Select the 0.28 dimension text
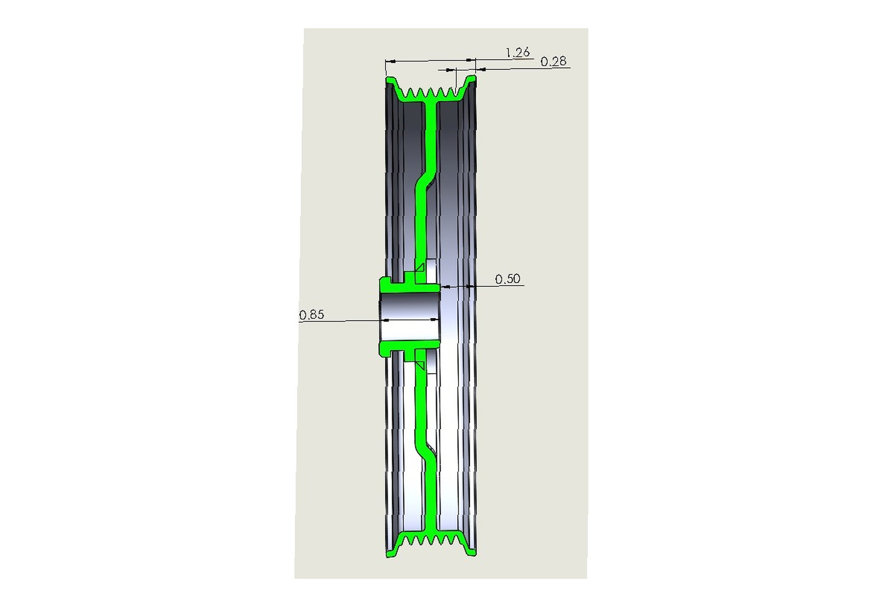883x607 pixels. [x=553, y=61]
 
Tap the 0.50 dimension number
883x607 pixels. [x=508, y=279]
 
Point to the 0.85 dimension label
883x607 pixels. [x=312, y=315]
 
